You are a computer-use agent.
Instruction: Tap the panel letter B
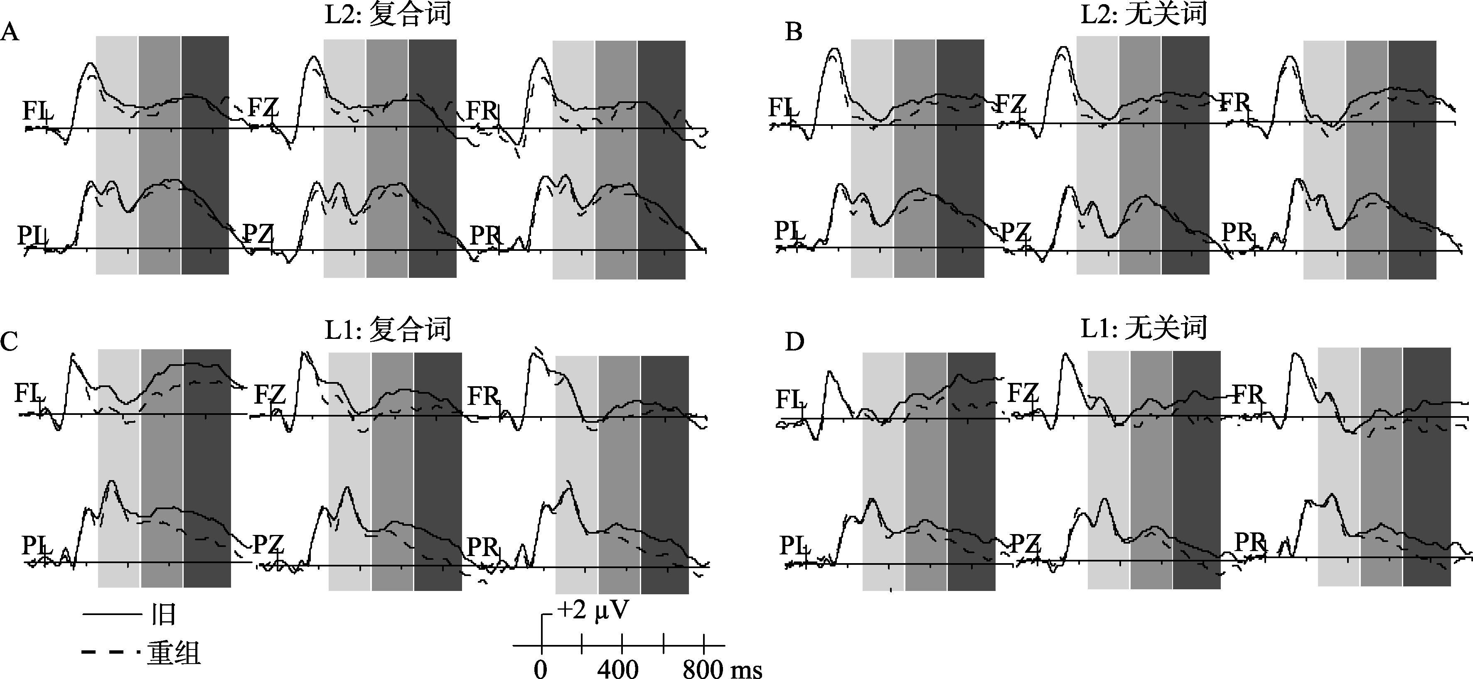click(x=793, y=32)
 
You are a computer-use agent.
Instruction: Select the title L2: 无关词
click(x=1143, y=14)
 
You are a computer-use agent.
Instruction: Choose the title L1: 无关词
click(x=1143, y=328)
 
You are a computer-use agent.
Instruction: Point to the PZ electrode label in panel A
click(x=258, y=233)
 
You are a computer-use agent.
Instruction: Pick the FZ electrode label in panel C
click(x=269, y=395)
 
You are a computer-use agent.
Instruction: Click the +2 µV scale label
click(x=593, y=610)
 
